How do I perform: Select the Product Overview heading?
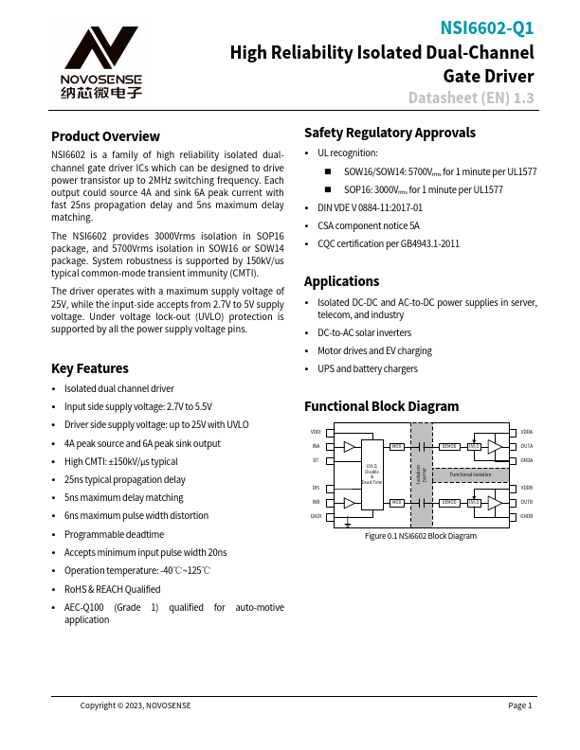[105, 136]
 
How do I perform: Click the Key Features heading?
[90, 368]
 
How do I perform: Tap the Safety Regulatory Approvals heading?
[390, 133]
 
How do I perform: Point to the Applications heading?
[341, 281]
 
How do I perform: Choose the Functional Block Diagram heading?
[381, 406]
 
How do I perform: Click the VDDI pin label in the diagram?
[316, 432]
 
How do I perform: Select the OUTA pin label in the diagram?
[527, 445]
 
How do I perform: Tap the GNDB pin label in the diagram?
[527, 516]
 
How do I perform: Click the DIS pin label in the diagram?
[316, 488]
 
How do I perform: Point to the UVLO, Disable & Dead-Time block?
[372, 473]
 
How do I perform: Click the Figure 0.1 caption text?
[421, 536]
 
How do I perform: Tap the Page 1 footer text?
[520, 705]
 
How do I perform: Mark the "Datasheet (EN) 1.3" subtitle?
[471, 98]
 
